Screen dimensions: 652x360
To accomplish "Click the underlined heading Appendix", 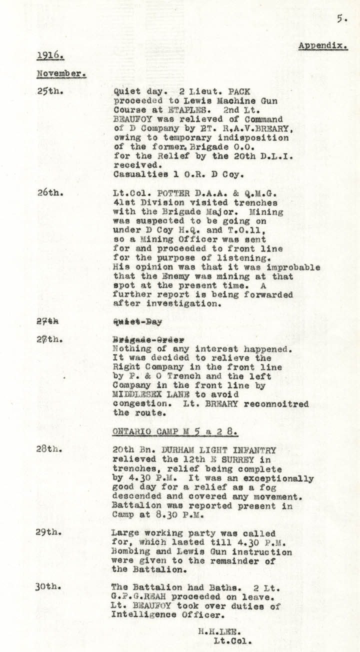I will coord(323,45).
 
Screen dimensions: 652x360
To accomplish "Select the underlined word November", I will coord(61,73).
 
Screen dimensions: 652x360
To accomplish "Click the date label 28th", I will coord(49,449).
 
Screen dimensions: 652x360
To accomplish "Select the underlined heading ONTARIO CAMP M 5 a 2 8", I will coord(174,431).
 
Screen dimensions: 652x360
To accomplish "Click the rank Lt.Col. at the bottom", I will coord(233,640).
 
